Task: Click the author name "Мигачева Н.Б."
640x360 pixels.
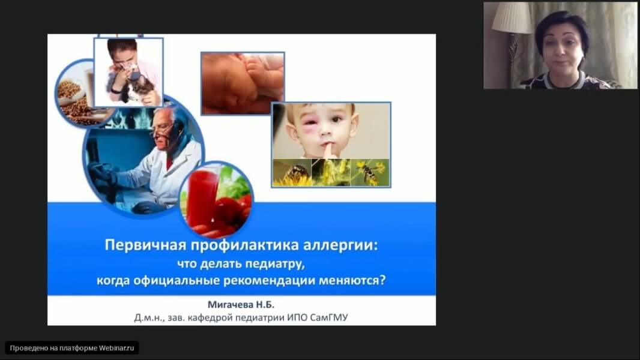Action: [241, 305]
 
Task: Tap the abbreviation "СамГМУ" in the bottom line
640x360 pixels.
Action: [329, 317]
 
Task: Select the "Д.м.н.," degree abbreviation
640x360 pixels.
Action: [149, 317]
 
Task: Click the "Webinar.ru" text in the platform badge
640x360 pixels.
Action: [116, 348]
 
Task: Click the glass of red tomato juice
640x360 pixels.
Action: [203, 196]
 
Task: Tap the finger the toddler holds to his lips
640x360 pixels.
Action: [327, 149]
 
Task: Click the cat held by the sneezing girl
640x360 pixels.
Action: [139, 89]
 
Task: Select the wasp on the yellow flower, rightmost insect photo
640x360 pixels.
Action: [369, 172]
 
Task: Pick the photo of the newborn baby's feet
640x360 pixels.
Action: [243, 83]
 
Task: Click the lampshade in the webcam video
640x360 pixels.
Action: [512, 17]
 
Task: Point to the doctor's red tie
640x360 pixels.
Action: [169, 162]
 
